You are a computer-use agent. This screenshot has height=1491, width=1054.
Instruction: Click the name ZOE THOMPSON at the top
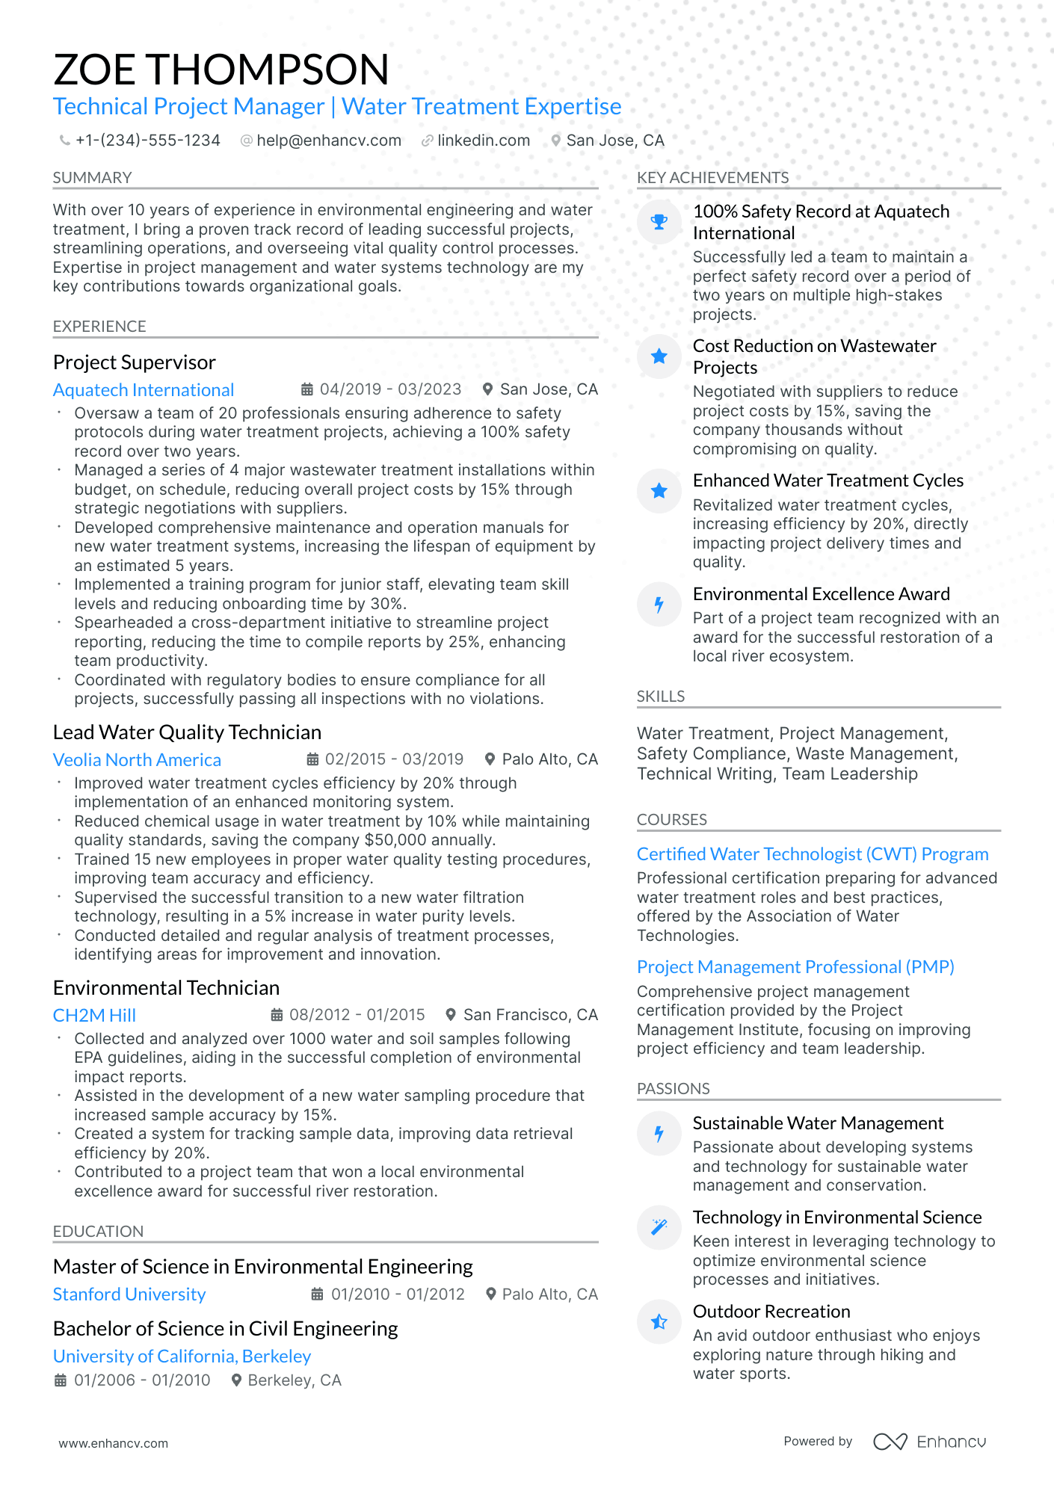[221, 70]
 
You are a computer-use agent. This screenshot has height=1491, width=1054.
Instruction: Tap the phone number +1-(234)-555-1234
[147, 141]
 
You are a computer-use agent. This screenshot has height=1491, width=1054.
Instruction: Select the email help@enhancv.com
[328, 141]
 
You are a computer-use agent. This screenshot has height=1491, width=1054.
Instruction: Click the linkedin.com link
[483, 141]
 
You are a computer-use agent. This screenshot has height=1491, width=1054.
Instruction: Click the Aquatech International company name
[144, 390]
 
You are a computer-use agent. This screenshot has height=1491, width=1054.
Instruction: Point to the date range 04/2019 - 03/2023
[389, 389]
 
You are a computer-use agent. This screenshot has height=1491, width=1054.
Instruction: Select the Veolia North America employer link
[137, 760]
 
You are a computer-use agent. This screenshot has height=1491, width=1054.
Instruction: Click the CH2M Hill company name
[94, 1016]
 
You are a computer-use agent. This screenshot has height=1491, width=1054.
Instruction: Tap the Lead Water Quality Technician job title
[187, 732]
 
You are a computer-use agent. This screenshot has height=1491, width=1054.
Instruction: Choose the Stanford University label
[129, 1294]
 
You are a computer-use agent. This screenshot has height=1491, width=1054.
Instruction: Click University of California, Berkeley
[182, 1356]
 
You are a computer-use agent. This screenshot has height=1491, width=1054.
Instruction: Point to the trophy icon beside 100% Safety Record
[659, 222]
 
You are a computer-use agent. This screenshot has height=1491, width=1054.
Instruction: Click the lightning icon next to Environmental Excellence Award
[659, 604]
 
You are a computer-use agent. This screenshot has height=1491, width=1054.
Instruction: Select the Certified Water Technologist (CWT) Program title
[813, 854]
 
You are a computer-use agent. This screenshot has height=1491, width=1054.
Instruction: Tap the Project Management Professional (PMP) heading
[795, 967]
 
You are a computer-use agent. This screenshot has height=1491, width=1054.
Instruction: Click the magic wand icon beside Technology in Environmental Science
[659, 1227]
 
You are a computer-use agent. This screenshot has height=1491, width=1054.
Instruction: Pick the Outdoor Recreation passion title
[771, 1312]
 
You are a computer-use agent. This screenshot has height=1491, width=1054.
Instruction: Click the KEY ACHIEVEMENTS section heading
[712, 178]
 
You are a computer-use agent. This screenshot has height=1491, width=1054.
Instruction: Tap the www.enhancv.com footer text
[114, 1443]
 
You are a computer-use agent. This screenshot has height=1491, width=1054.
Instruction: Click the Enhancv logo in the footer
[929, 1442]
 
